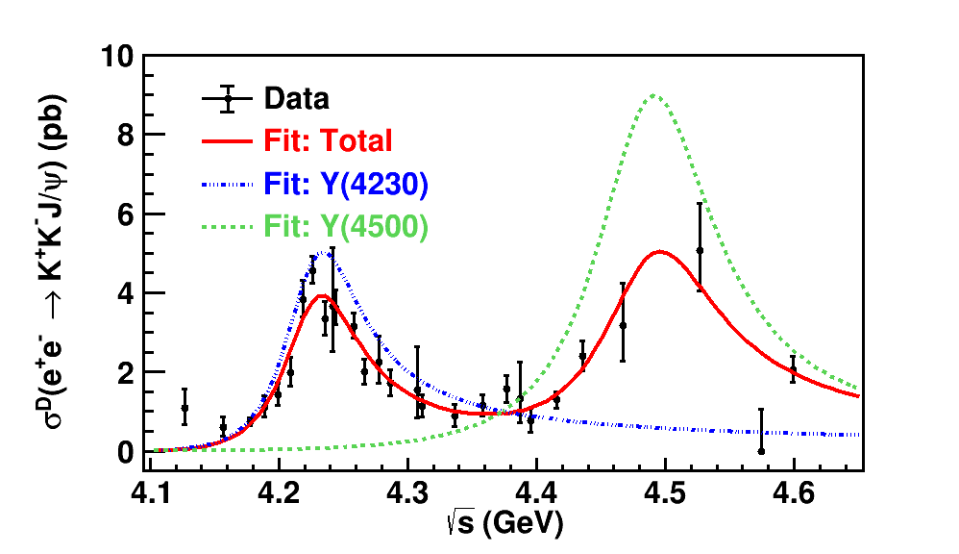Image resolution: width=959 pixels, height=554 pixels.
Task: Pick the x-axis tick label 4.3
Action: (x=407, y=493)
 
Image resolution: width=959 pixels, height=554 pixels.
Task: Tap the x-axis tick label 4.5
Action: (x=665, y=493)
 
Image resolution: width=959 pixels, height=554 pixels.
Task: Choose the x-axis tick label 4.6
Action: (x=794, y=493)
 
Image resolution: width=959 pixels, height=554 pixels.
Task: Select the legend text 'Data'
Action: (x=297, y=99)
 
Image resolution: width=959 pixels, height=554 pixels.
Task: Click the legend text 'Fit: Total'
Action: (x=328, y=141)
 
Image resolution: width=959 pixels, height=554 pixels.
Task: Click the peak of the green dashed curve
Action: (x=654, y=94)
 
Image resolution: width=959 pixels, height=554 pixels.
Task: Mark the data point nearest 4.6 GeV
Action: (x=794, y=369)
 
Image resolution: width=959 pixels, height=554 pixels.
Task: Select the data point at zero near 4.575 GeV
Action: (x=761, y=450)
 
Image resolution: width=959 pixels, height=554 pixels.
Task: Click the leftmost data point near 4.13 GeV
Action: (x=184, y=408)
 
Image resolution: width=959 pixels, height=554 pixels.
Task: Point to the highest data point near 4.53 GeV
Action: (x=700, y=250)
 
